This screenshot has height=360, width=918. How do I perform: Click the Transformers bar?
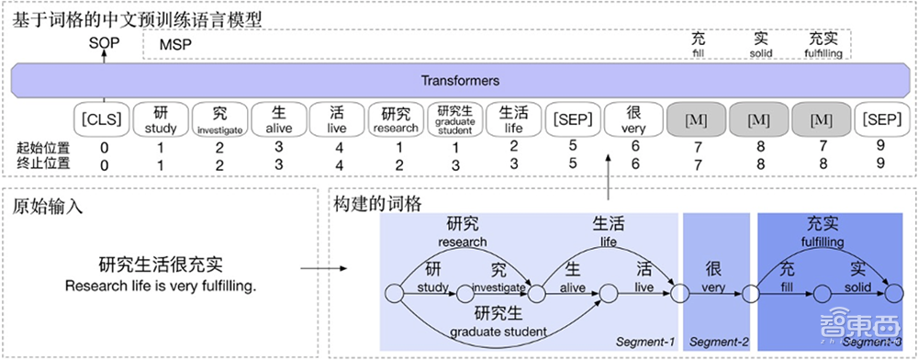pyautogui.click(x=459, y=80)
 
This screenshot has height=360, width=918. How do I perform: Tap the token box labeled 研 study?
pyautogui.click(x=160, y=119)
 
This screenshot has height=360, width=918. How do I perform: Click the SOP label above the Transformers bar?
pyautogui.click(x=104, y=42)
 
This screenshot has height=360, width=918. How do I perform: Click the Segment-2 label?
pyautogui.click(x=716, y=342)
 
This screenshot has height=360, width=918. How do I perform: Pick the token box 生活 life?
pyautogui.click(x=514, y=119)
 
